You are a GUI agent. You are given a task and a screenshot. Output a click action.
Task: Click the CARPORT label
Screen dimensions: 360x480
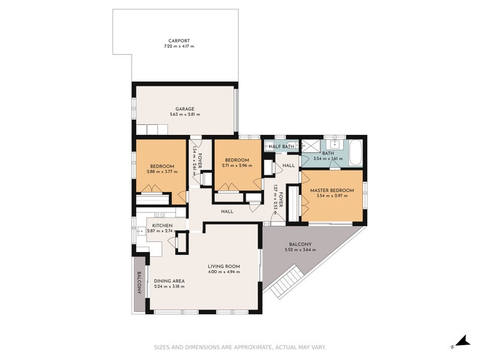pyautogui.click(x=179, y=41)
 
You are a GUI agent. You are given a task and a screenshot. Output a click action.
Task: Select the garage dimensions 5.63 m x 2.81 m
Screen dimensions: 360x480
pyautogui.click(x=184, y=115)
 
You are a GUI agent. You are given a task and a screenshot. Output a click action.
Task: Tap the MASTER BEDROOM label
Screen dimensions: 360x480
pyautogui.click(x=332, y=191)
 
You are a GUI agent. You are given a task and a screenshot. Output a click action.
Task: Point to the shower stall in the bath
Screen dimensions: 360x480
pyautogui.click(x=311, y=146)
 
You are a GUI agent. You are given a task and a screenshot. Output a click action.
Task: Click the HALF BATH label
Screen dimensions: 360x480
pyautogui.click(x=281, y=146)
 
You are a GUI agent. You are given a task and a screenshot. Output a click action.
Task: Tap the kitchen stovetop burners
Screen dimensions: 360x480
pyautogui.click(x=160, y=214)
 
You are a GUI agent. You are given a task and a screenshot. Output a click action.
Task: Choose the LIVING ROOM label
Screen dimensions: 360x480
pyautogui.click(x=224, y=266)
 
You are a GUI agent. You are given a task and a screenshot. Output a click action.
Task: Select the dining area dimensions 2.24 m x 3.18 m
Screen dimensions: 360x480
pyautogui.click(x=169, y=287)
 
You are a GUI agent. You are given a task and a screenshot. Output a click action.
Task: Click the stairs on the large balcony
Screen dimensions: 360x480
pyautogui.click(x=283, y=283)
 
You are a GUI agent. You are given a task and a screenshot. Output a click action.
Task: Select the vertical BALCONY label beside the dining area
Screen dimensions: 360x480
pyautogui.click(x=139, y=283)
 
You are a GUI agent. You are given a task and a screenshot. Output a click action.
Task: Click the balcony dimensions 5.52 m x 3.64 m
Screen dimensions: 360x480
pyautogui.click(x=300, y=250)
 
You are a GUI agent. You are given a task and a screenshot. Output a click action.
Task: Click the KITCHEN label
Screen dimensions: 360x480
pyautogui.click(x=162, y=225)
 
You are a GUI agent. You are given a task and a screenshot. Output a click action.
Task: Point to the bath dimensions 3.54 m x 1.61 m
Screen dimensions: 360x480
pyautogui.click(x=328, y=159)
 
